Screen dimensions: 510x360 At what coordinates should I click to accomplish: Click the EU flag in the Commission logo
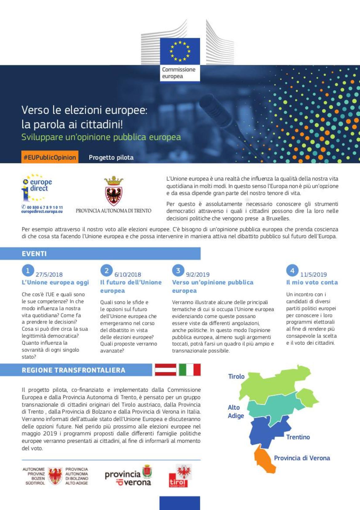[180, 51]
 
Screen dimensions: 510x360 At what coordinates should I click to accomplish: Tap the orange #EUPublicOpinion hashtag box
[50, 157]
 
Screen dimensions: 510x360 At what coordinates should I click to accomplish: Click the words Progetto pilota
[111, 158]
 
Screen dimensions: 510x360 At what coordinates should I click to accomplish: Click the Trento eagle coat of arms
[114, 191]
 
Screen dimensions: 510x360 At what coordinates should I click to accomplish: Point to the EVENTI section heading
[34, 254]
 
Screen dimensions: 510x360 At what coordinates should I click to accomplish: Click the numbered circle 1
[28, 271]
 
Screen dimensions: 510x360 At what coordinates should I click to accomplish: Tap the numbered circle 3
[178, 271]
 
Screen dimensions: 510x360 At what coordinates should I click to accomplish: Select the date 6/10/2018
[128, 274]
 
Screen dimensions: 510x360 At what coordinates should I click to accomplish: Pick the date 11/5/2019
[314, 274]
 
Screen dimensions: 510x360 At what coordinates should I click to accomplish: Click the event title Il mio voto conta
[312, 282]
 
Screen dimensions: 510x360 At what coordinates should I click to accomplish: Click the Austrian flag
[166, 370]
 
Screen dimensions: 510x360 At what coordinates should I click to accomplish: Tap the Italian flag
[190, 370]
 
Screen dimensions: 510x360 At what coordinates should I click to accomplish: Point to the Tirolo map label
[236, 376]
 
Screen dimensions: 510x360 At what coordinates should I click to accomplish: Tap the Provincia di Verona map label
[302, 458]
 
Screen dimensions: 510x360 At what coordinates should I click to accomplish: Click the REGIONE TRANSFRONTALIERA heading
[74, 370]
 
